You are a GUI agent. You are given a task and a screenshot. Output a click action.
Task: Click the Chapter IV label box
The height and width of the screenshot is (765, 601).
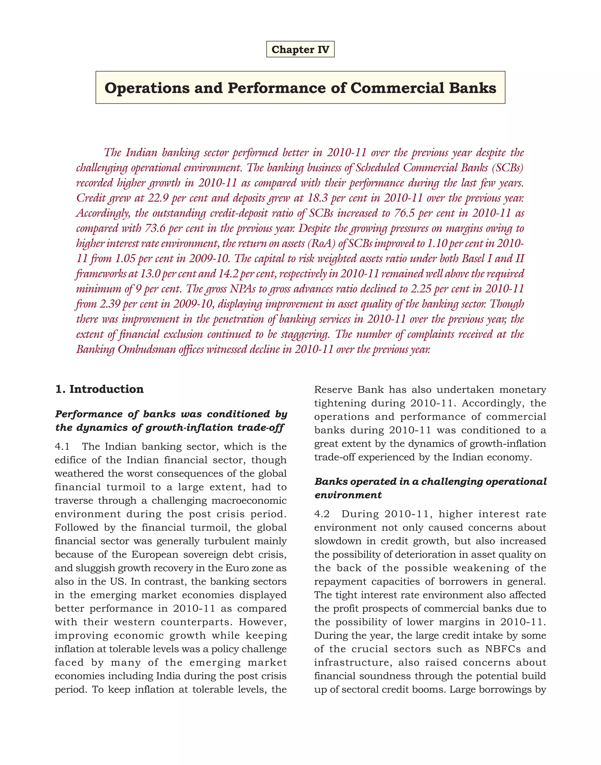tap(300, 49)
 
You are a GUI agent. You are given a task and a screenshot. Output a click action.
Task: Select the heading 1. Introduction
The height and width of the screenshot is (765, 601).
tap(99, 389)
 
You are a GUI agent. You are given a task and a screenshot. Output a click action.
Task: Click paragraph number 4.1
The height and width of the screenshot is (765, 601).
tap(62, 446)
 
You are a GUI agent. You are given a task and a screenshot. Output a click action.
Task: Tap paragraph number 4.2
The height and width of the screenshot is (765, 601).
tap(322, 514)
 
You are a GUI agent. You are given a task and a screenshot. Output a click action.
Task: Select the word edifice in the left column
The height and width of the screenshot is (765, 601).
tap(70, 460)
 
